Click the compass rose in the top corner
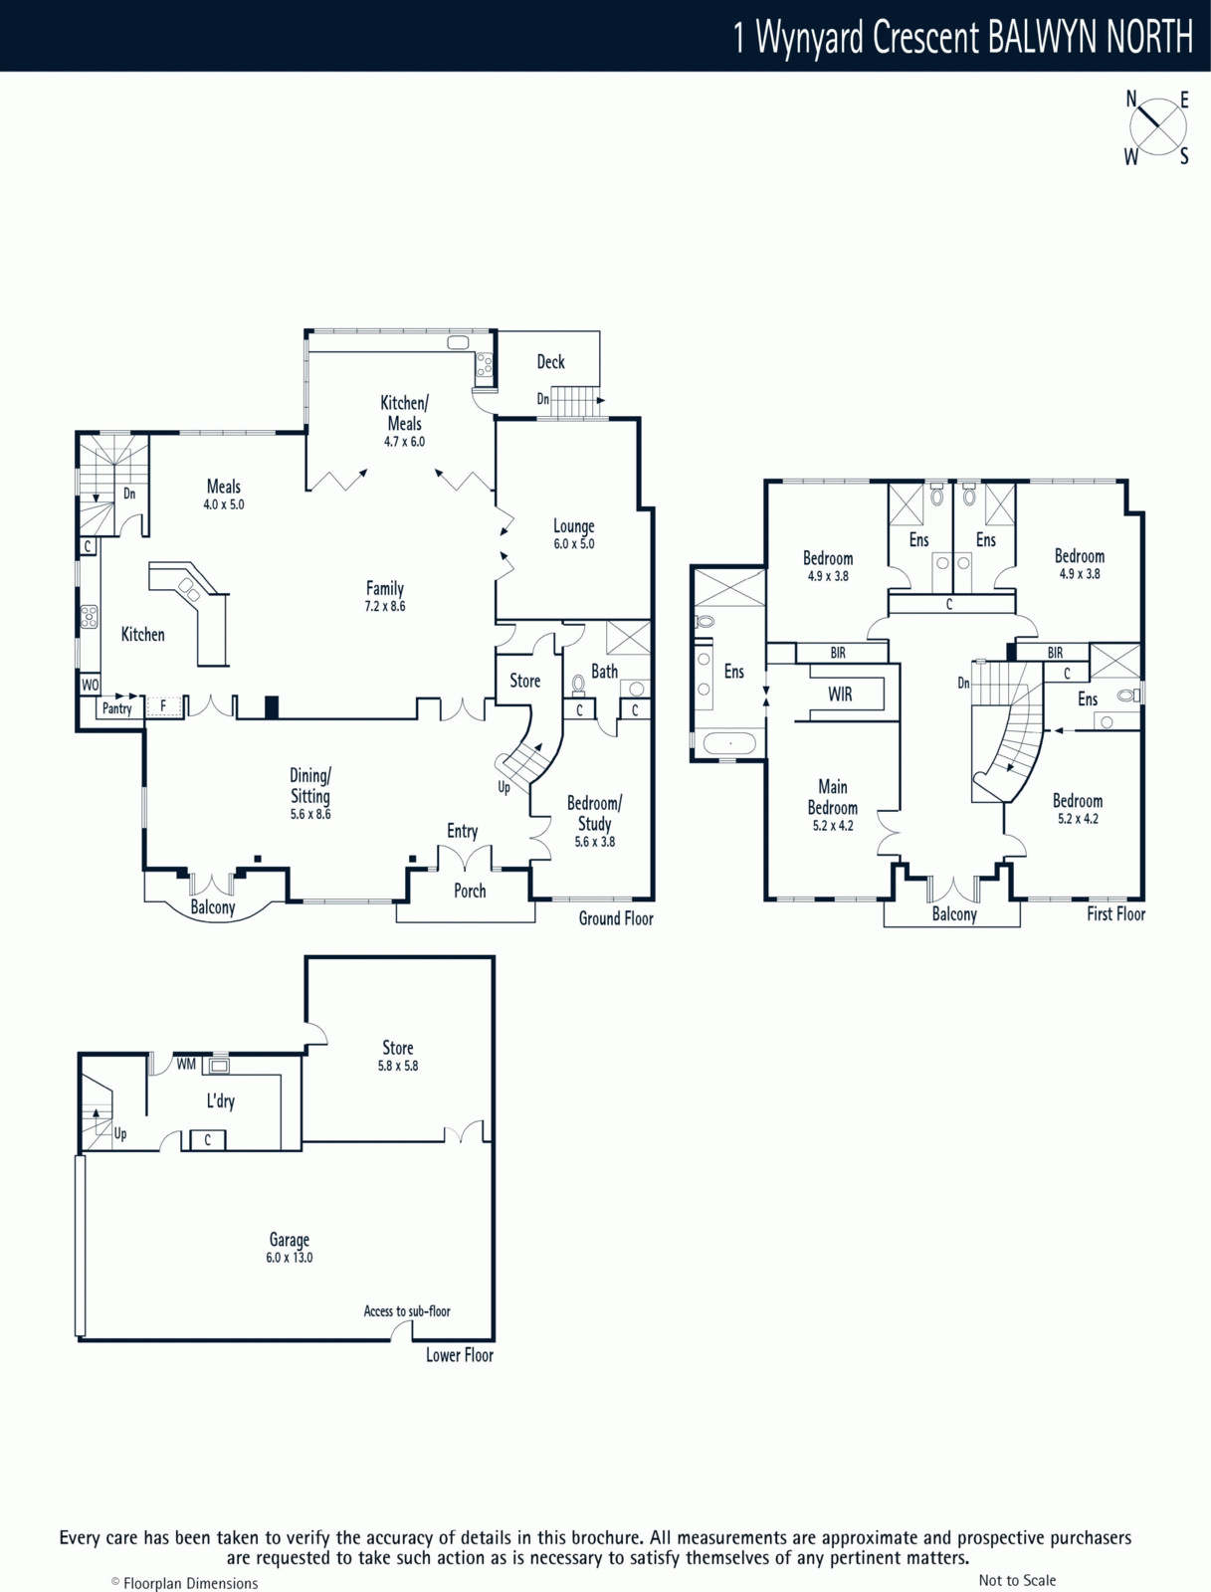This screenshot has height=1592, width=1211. coord(1158,127)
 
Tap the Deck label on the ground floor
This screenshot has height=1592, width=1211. coord(550,362)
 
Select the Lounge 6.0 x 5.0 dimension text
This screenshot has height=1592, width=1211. coord(573,544)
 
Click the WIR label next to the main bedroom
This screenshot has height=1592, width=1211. coord(840,695)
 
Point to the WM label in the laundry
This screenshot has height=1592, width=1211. coord(186,1064)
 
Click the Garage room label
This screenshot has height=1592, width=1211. coord(290,1240)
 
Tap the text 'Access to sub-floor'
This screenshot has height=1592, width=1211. coord(407,1310)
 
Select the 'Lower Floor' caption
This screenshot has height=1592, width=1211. coord(459,1355)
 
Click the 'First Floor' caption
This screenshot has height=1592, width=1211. coord(1116,913)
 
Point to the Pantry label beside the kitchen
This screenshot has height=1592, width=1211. coord(117,707)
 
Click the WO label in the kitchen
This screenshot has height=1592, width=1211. coord(90,685)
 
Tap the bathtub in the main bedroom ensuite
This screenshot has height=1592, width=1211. coord(729,744)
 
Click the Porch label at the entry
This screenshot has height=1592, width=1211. coord(470,891)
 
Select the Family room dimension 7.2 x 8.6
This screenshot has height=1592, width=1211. coord(385,606)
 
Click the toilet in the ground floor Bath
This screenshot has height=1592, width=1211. coord(579,684)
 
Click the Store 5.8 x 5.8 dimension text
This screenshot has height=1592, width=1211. coord(398,1066)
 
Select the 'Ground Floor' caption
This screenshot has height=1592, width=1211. coord(616,918)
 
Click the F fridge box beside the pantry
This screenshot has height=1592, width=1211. coord(164,705)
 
